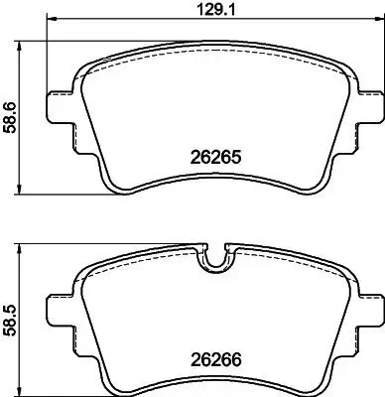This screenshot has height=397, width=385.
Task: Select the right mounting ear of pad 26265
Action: point(371,105)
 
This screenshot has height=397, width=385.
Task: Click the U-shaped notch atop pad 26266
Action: point(215,262)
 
